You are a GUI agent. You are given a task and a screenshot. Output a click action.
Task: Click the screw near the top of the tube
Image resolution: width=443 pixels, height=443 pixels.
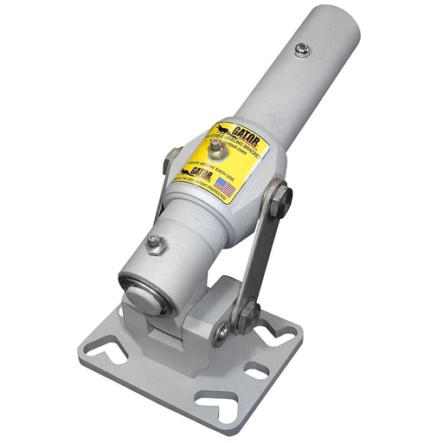[302, 49]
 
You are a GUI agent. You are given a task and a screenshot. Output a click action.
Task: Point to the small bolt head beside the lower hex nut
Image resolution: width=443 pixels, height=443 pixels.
[223, 330]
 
